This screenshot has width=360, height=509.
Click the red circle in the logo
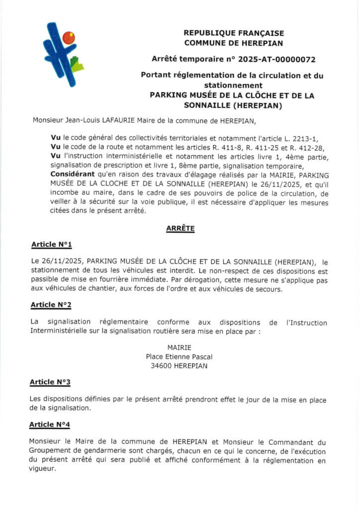click(x=68, y=38)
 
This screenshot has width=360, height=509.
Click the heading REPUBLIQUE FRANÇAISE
click(x=234, y=33)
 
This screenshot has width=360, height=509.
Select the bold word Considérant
click(x=71, y=174)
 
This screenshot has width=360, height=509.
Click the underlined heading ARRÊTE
click(x=180, y=229)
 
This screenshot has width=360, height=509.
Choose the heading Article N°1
click(x=52, y=245)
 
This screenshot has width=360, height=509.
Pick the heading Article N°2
click(x=51, y=304)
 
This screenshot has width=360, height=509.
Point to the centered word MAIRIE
click(x=180, y=347)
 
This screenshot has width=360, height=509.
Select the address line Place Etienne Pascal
click(x=180, y=356)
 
